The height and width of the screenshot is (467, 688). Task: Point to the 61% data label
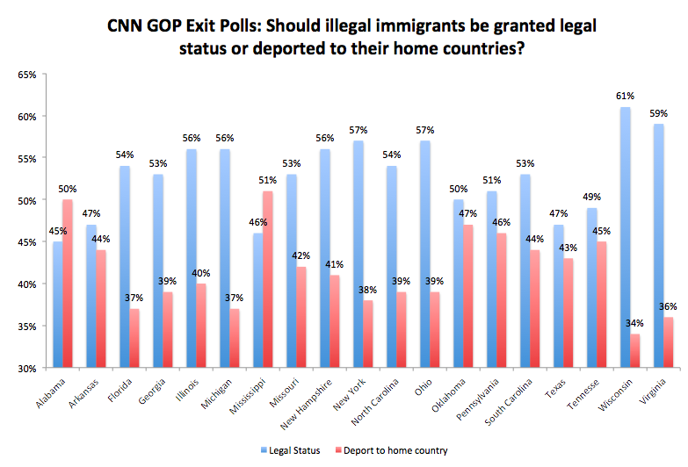click(625, 97)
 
